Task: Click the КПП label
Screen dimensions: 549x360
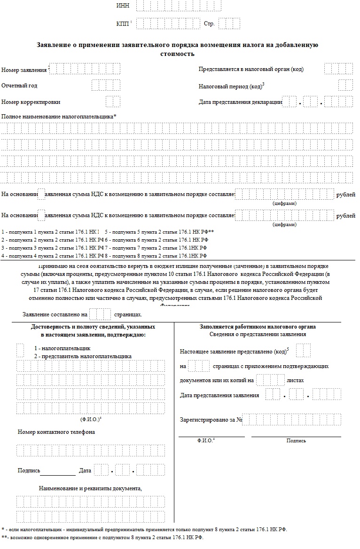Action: [122, 24]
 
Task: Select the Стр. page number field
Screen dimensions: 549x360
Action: [229, 24]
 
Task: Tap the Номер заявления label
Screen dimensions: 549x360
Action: [24, 70]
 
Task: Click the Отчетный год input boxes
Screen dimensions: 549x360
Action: [106, 86]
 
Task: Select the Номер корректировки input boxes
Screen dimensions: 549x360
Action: [113, 102]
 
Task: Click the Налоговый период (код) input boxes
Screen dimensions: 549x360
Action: [345, 86]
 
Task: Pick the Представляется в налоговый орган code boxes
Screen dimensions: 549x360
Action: [338, 69]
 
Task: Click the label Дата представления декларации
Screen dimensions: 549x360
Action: [240, 102]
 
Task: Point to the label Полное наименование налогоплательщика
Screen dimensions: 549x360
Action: [59, 116]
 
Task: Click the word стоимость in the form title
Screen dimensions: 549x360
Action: [178, 54]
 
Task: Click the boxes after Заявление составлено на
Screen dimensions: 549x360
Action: [100, 314]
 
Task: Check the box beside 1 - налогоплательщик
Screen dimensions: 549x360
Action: [20, 350]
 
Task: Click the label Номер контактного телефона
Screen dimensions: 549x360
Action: [56, 432]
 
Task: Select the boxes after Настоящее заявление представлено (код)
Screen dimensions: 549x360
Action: [304, 351]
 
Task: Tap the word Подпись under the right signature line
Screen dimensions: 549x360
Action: [296, 440]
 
